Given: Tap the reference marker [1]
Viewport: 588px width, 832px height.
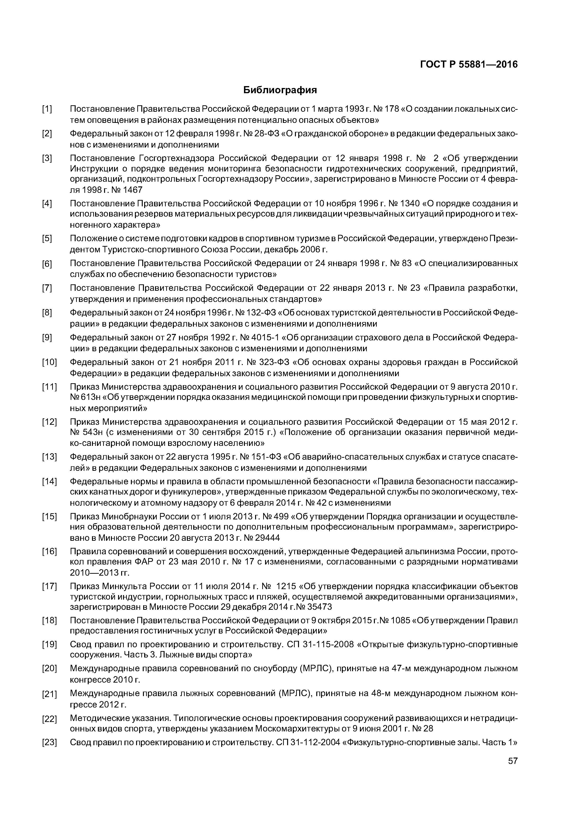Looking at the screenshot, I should pos(47,109).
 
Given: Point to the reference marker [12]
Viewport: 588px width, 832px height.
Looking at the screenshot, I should pos(49,422).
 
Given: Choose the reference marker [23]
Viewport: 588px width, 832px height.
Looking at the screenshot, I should pos(49,743).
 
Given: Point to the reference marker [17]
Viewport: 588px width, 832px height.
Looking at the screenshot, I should pos(49,586).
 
